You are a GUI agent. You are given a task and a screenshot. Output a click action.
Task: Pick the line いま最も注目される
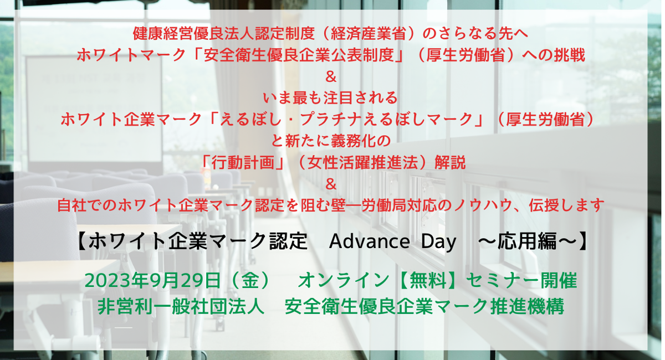(x=331, y=99)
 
